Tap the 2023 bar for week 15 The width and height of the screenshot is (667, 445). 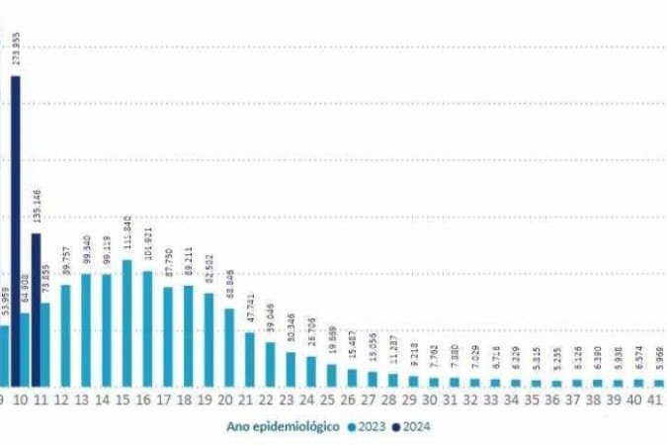click(x=126, y=322)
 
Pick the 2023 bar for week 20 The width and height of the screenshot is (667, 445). click(x=228, y=347)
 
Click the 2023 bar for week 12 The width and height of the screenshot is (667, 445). click(x=65, y=335)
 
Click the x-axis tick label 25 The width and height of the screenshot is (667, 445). click(x=328, y=401)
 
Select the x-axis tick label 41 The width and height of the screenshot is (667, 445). click(x=653, y=401)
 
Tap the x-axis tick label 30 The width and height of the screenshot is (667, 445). click(x=430, y=401)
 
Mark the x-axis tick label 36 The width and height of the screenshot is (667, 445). click(x=552, y=401)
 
